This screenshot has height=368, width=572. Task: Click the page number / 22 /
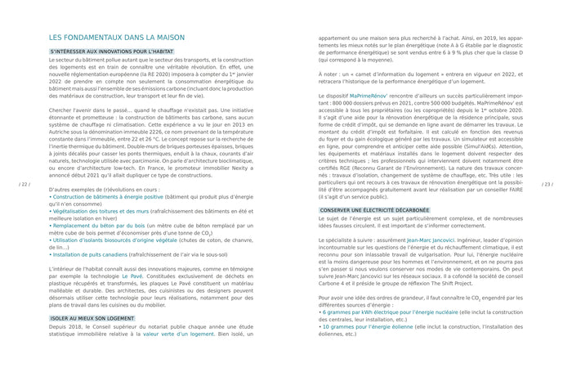pyautogui.click(x=24, y=185)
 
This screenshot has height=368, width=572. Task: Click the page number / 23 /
pyautogui.click(x=547, y=185)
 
